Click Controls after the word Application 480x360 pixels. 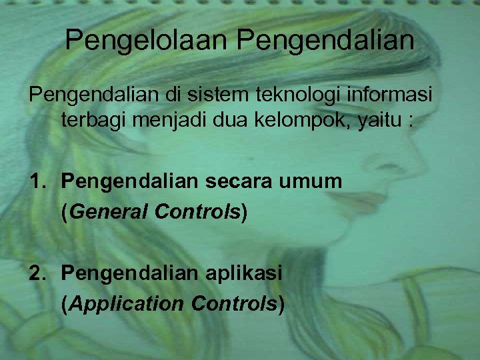234,304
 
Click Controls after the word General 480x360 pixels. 197,212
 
